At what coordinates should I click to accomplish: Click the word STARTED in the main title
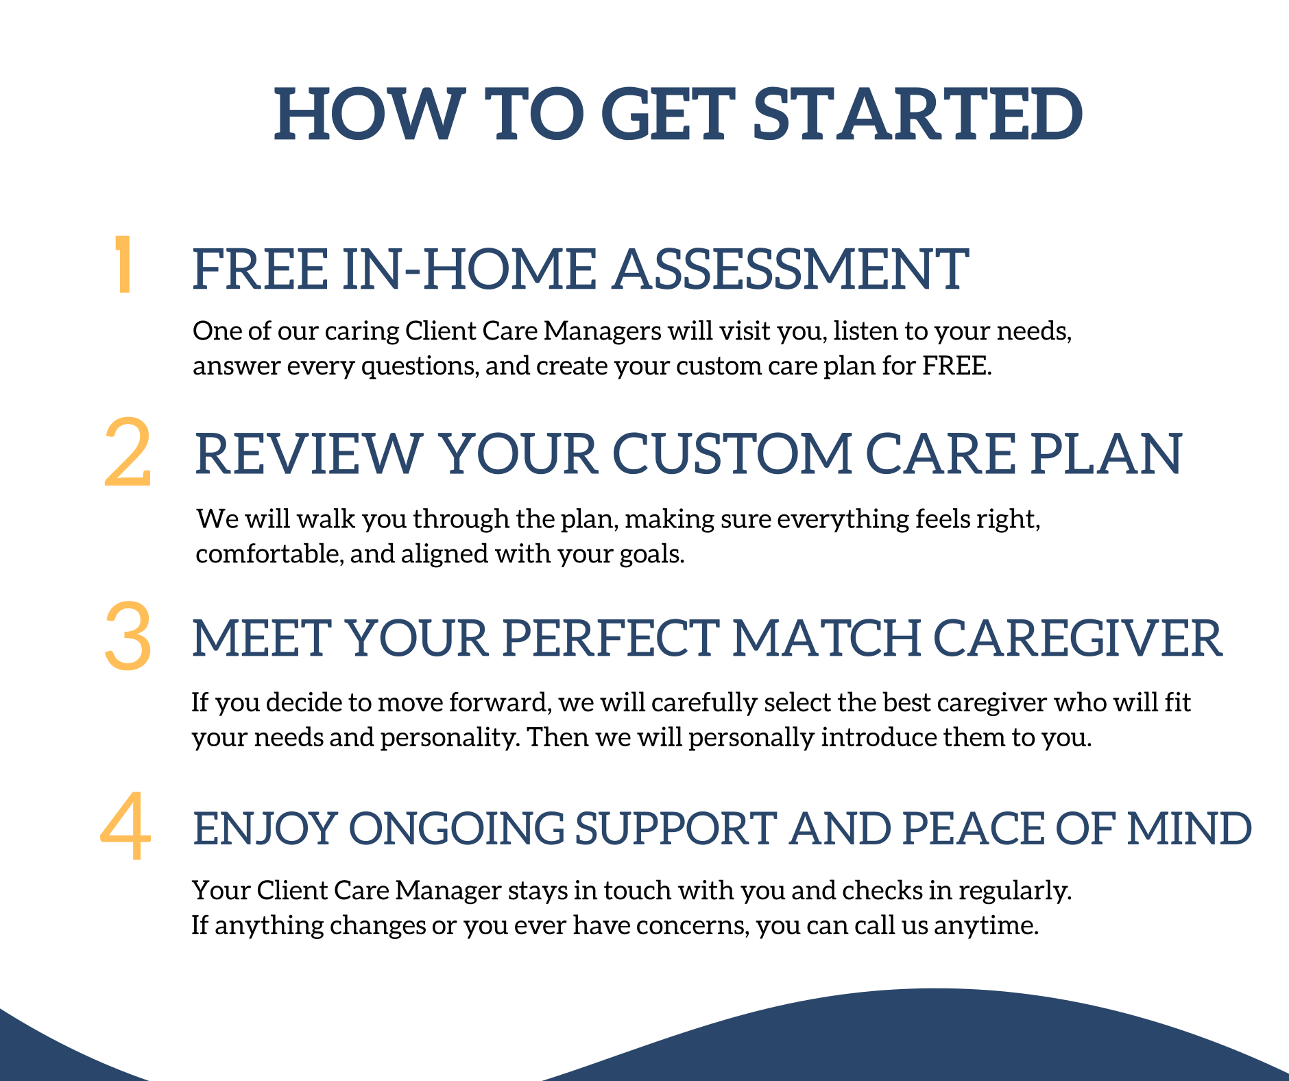(917, 114)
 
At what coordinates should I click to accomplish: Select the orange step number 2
(128, 453)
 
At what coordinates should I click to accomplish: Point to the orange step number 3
(128, 636)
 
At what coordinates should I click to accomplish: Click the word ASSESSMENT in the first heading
(791, 269)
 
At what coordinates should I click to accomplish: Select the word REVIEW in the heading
(308, 454)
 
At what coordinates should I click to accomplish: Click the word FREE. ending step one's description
(956, 366)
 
